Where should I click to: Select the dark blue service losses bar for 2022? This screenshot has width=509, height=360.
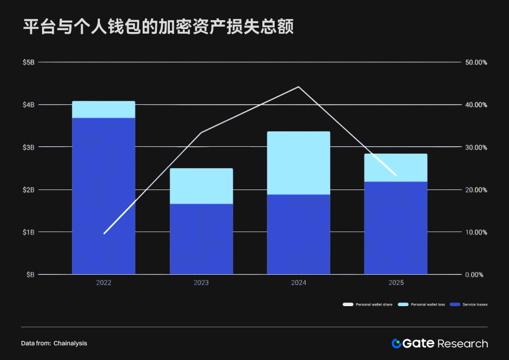click(104, 195)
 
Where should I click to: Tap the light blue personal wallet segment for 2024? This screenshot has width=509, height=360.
click(298, 163)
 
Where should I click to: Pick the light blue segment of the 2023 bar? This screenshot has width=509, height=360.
click(201, 186)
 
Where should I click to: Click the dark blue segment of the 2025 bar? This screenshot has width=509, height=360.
click(396, 228)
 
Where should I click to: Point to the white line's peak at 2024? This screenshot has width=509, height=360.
click(298, 87)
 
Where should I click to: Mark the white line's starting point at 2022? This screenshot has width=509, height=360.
click(104, 233)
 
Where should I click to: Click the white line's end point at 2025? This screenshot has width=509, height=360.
click(395, 175)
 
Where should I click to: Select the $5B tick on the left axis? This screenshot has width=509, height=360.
click(28, 62)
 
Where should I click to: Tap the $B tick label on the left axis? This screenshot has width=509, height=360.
click(30, 275)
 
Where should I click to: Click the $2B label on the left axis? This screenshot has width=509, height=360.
click(28, 189)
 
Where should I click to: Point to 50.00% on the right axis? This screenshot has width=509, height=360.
click(476, 62)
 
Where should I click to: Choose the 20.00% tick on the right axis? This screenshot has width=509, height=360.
click(476, 189)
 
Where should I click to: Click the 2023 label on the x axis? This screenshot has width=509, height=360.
click(201, 283)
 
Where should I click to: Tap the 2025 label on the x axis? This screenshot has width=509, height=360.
click(396, 283)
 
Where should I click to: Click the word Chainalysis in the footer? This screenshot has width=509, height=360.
click(70, 343)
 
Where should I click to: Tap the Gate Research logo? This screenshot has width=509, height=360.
click(439, 343)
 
